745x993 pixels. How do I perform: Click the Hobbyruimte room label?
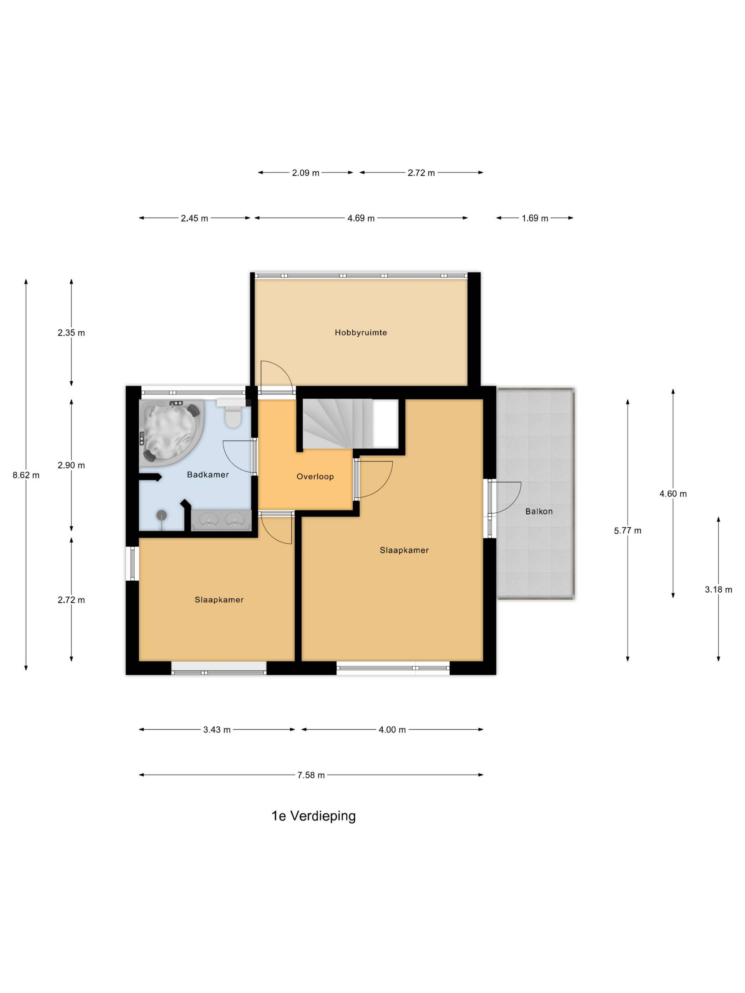click(x=360, y=333)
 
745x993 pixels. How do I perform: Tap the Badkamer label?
click(x=208, y=474)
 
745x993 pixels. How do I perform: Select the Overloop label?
click(x=315, y=477)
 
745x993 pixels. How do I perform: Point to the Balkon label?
click(x=539, y=511)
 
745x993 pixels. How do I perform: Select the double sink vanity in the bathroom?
click(x=221, y=520)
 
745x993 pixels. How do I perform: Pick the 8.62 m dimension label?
click(x=26, y=475)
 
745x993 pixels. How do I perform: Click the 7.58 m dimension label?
click(x=311, y=775)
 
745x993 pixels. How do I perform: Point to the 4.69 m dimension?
click(x=361, y=218)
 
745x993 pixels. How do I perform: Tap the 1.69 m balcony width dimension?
click(x=535, y=218)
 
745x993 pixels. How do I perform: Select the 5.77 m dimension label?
click(x=627, y=531)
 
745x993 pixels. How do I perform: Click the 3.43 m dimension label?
click(x=217, y=730)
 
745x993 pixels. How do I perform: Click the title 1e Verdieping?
click(x=314, y=816)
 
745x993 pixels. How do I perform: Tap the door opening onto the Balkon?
click(x=504, y=497)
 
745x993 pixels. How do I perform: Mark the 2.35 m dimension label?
click(x=71, y=333)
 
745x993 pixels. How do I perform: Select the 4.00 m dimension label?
click(x=392, y=730)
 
